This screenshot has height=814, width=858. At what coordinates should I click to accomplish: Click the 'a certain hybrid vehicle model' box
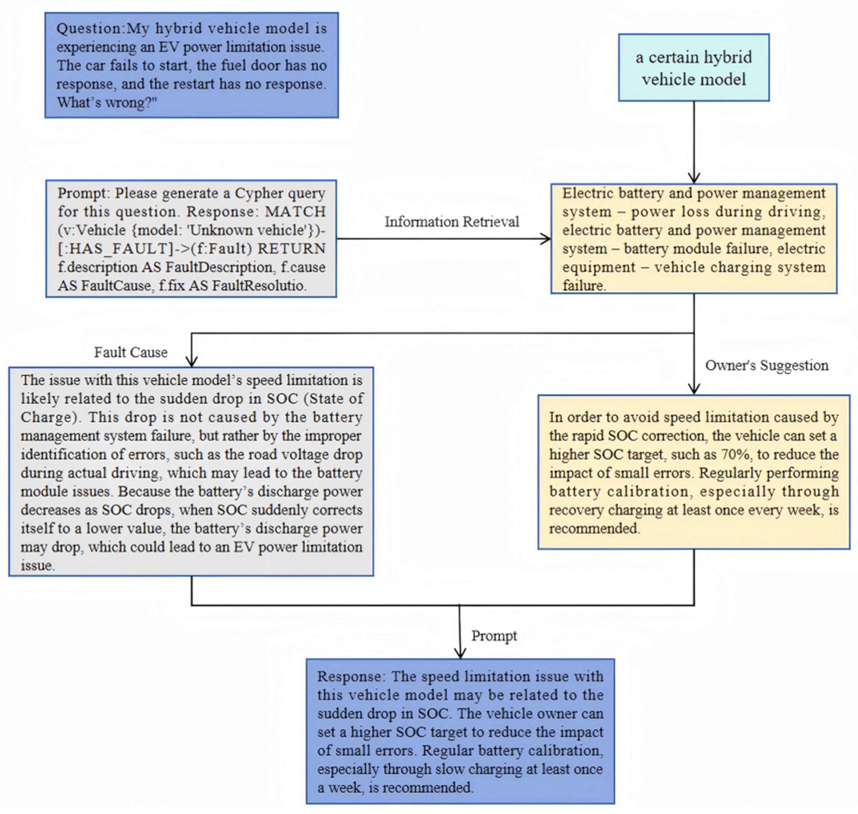[x=694, y=68]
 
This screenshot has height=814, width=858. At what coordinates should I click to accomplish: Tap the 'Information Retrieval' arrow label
[x=451, y=222]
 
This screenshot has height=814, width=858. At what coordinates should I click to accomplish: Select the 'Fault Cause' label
[x=131, y=352]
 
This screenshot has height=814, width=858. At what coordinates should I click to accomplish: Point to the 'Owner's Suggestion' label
[x=766, y=365]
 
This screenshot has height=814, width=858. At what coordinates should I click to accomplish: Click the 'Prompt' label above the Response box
[x=494, y=636]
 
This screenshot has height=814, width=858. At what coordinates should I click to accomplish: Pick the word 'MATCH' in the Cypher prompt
[x=295, y=212]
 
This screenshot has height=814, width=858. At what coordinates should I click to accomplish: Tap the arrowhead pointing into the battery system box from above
[x=694, y=178]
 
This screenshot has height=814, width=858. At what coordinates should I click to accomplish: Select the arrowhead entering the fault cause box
[x=191, y=362]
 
